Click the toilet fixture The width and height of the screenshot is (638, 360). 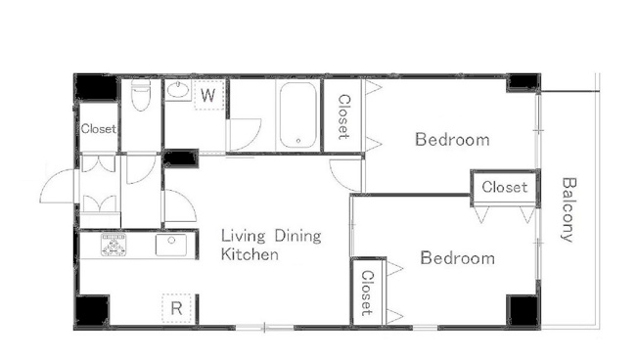[141, 94]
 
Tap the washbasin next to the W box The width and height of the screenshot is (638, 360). [178, 89]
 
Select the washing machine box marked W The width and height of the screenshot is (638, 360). [208, 95]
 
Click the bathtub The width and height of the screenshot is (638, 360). [298, 115]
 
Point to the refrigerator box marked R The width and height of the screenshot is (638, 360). [176, 308]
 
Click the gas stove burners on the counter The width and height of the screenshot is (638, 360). [114, 245]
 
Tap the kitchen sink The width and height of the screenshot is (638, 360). [171, 245]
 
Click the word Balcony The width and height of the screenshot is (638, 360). [569, 209]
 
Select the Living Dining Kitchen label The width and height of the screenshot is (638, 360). [271, 245]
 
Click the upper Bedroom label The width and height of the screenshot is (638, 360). [452, 140]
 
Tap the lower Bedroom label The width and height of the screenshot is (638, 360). [457, 258]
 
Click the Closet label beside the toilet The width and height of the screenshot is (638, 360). [99, 129]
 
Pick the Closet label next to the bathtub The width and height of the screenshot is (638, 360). [343, 116]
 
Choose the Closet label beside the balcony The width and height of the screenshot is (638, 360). [505, 187]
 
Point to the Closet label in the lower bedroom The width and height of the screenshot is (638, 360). [367, 292]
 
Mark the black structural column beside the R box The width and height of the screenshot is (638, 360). [93, 310]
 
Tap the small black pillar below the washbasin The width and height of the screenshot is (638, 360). [180, 158]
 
